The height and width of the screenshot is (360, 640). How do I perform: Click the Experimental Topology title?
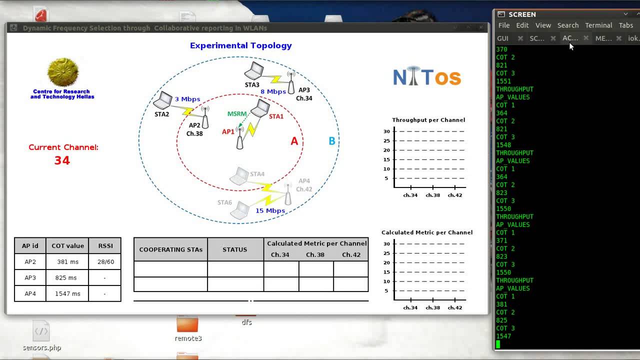click(240, 45)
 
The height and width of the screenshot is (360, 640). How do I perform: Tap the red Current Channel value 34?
click(62, 160)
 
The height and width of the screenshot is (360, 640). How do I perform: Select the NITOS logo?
click(426, 77)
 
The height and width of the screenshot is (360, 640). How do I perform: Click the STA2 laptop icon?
click(163, 101)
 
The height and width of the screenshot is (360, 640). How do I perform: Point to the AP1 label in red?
click(228, 132)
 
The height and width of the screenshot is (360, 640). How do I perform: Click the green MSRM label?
click(237, 114)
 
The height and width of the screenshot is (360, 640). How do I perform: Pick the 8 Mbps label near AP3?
click(273, 91)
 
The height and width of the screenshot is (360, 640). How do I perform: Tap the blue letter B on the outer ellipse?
click(331, 141)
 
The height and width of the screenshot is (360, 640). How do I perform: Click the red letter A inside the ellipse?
click(294, 141)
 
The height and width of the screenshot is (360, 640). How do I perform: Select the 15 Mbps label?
click(270, 210)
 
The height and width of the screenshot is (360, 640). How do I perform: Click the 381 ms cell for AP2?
click(67, 261)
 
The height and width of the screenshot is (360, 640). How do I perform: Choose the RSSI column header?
click(105, 245)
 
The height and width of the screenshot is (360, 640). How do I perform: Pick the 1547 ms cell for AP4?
click(67, 293)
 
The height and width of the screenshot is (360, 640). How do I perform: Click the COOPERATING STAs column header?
click(170, 249)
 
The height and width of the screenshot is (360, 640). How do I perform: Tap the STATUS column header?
click(235, 249)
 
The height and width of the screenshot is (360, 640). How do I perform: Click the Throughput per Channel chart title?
click(428, 120)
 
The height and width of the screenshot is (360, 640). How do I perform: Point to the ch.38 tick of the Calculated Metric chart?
click(432, 307)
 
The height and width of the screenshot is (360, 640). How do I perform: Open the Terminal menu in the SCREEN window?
click(598, 25)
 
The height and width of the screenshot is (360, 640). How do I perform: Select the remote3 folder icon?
click(187, 324)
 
